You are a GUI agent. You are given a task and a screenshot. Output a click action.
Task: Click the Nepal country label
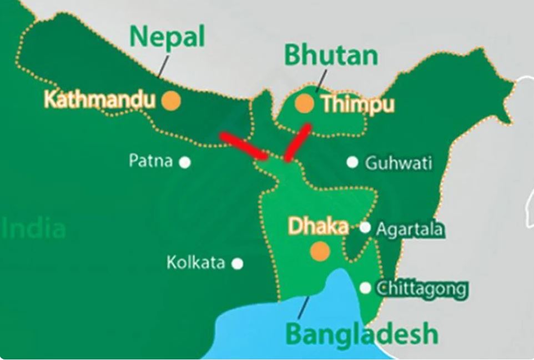pos(167,38)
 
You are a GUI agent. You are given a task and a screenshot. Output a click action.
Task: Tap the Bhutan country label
pos(331,56)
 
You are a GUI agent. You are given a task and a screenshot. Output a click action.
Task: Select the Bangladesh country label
pos(361,334)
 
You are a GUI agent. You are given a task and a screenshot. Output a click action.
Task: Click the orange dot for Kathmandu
pos(172,101)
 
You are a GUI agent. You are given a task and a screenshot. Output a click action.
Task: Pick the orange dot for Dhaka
pos(320,251)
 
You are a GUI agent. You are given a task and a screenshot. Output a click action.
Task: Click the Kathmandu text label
pos(99,100)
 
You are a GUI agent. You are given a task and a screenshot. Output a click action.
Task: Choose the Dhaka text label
pos(318,226)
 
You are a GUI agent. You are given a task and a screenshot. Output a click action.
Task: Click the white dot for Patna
pos(185,162)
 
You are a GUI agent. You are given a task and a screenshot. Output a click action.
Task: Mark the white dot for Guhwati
pos(352,162)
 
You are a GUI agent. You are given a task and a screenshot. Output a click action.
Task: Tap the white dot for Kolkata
pos(238,263)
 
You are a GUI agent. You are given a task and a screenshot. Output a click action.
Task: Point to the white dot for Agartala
pos(365,227)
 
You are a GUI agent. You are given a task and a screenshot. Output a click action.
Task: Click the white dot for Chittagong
pos(365,288)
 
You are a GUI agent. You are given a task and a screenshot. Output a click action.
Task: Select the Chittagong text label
pos(421,288)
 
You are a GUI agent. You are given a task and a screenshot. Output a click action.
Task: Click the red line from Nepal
pos(244,146)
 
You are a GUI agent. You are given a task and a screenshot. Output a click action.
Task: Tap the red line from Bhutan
pos(298,142)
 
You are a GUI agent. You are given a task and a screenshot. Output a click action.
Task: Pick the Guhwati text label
pos(398,163)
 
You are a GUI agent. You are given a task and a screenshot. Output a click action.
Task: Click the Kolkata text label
pos(195,263)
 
